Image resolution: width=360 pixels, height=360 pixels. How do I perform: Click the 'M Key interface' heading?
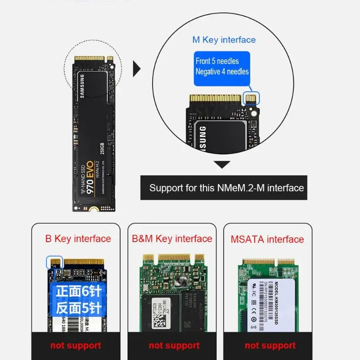coord(224,40)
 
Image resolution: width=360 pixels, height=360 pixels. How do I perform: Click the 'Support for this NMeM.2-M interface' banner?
coord(226,188)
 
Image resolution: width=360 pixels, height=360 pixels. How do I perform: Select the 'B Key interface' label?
coord(78,239)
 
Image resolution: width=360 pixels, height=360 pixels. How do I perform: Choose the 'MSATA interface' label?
coord(267,239)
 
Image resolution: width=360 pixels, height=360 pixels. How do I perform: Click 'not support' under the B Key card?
coord(76,346)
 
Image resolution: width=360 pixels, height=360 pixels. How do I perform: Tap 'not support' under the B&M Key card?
coord(174,346)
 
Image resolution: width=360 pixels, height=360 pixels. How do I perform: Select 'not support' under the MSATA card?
coord(270,346)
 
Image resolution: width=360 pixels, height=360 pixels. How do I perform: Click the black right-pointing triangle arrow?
coord(136,69)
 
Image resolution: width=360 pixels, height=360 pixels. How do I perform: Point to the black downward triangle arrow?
coord(221,165)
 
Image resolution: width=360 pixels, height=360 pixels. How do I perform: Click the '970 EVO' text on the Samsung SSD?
coord(90,177)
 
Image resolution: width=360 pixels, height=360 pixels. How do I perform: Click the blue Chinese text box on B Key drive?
coord(78,299)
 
